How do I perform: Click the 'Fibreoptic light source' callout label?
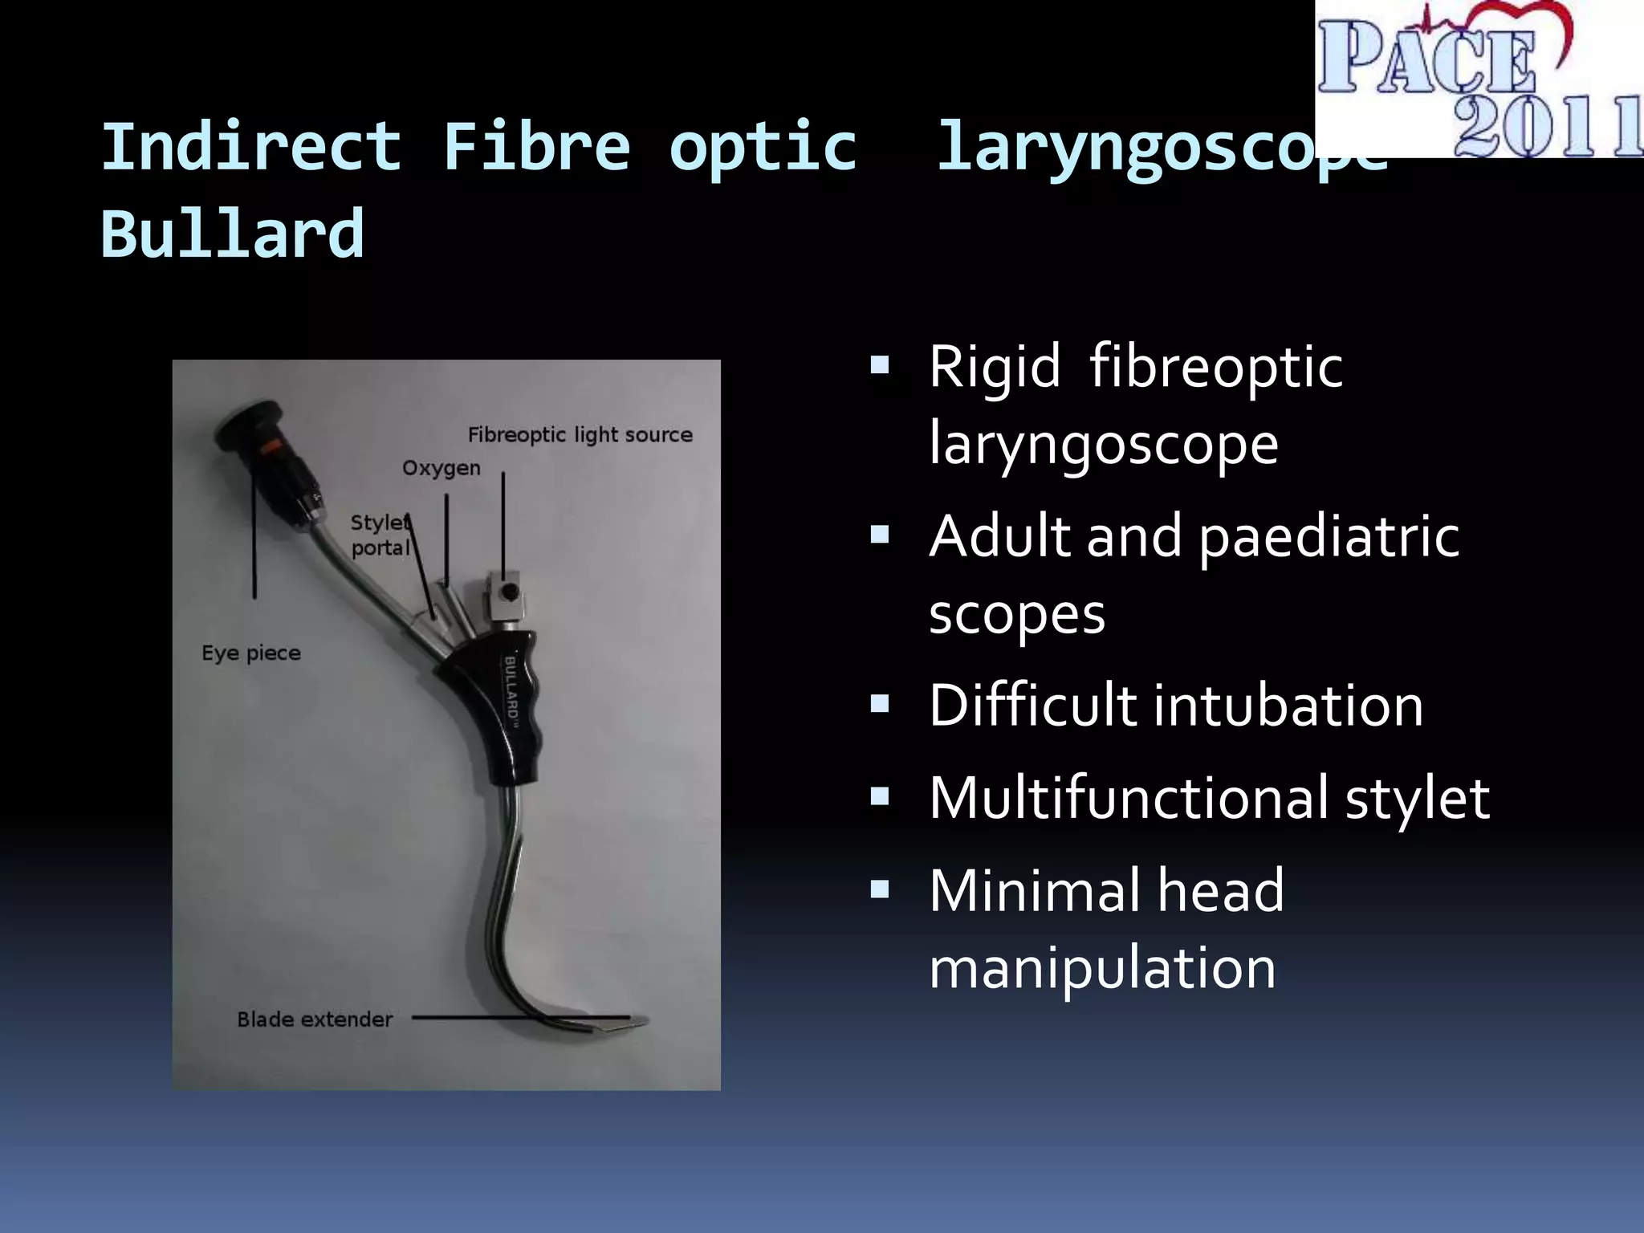pyautogui.click(x=580, y=435)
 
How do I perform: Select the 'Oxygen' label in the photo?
pyautogui.click(x=442, y=468)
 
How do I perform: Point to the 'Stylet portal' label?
pyautogui.click(x=380, y=535)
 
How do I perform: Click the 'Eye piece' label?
pyautogui.click(x=251, y=653)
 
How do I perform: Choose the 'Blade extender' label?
pyautogui.click(x=315, y=1019)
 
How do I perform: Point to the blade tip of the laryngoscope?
pyautogui.click(x=638, y=1022)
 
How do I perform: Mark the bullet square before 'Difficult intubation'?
pyautogui.click(x=880, y=705)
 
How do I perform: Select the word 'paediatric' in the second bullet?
pyautogui.click(x=1329, y=536)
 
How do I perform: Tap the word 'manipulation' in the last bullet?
pyautogui.click(x=1102, y=967)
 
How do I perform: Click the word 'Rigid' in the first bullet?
pyautogui.click(x=995, y=367)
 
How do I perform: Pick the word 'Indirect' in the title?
pyautogui.click(x=251, y=147)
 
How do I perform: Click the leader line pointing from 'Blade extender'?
pyautogui.click(x=514, y=1018)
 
